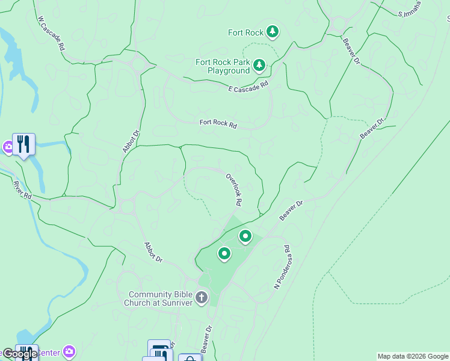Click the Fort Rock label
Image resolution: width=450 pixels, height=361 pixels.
pos(245,32)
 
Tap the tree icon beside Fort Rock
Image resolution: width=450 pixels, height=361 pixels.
pos(273,31)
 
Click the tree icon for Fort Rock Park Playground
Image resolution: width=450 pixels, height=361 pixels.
pos(259,64)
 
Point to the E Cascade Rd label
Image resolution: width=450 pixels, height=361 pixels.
pos(248,88)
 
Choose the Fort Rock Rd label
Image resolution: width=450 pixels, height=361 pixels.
pos(218,125)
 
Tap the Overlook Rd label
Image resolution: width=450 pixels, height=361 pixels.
pos(234,190)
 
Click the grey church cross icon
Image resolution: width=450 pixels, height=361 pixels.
pos(202,297)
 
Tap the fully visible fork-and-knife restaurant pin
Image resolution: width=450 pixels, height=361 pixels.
pos(23,144)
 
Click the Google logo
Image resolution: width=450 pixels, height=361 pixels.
pos(19,354)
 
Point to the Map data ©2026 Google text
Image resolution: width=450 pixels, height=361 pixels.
pos(413,356)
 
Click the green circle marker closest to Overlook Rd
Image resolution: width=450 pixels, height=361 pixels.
pos(245,236)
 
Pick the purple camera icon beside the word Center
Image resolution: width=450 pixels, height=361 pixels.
pos(70,351)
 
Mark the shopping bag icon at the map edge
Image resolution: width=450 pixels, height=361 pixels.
pos(190,359)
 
